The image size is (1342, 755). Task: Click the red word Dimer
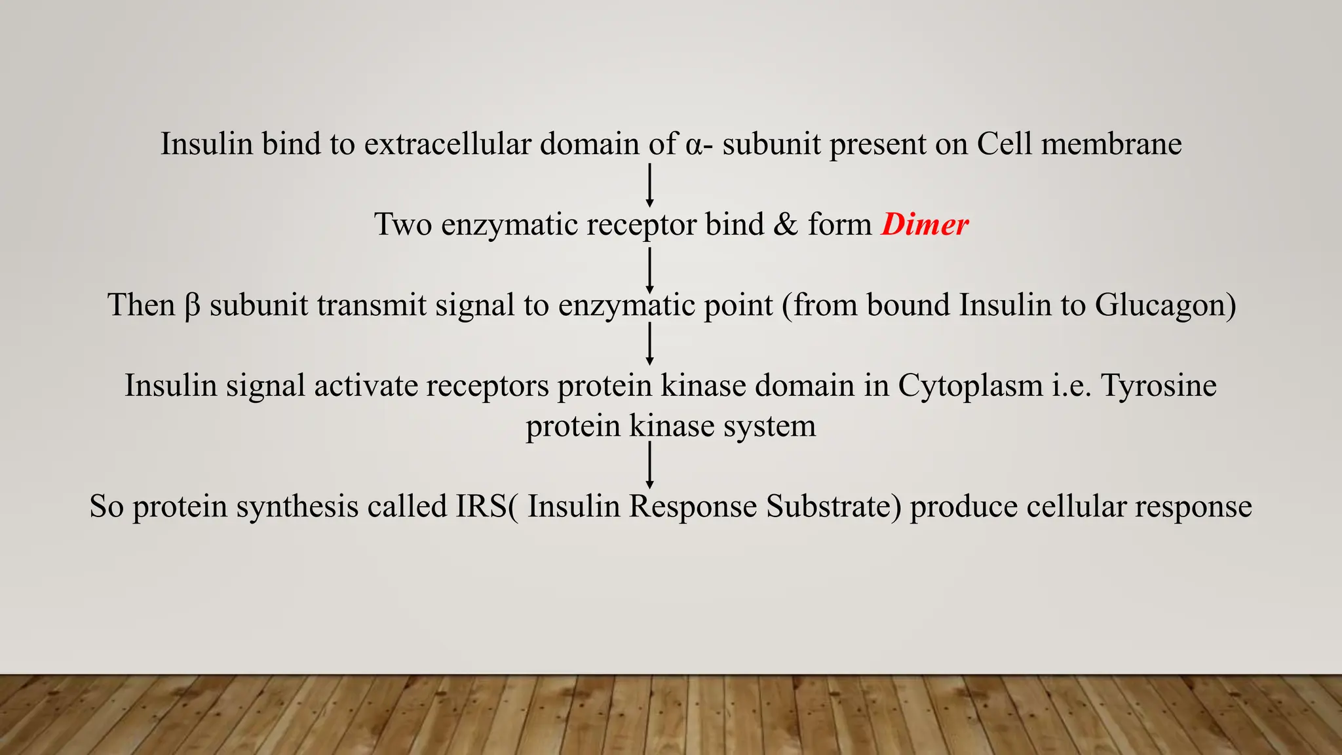pos(925,225)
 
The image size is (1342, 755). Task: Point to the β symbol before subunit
pos(192,305)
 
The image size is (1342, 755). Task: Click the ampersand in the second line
pos(786,225)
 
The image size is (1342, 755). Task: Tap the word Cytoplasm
pos(970,385)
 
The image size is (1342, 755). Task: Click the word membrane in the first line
pos(1111,144)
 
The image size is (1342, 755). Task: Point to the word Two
pos(403,225)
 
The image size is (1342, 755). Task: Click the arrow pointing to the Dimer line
pos(649,186)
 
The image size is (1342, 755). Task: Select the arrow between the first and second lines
pos(649,186)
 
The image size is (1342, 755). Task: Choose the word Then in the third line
pos(142,305)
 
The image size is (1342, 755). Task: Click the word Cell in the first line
pos(1004,144)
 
